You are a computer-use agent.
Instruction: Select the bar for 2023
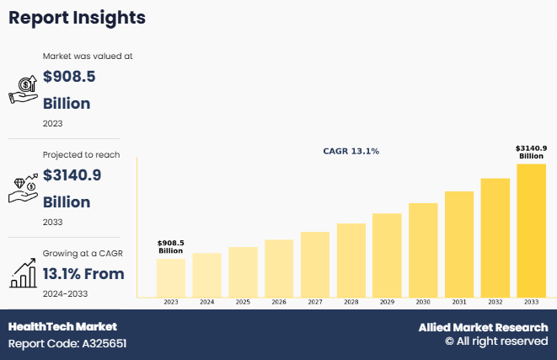coord(170,277)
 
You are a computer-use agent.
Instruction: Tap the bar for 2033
coord(532,230)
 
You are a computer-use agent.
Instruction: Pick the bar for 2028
coord(351,260)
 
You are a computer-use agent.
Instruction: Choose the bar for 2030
coord(423,250)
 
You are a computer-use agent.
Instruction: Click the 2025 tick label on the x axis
coord(243,302)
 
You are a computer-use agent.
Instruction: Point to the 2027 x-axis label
coord(315,302)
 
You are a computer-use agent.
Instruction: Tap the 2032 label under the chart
coord(495,302)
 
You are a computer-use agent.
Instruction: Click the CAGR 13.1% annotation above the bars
coord(351,152)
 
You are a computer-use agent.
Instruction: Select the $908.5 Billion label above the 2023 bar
coord(170,247)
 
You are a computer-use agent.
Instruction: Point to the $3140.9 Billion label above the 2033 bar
coord(531,152)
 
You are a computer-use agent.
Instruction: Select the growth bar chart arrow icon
coord(23,272)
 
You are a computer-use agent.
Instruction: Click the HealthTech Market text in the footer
coord(62,326)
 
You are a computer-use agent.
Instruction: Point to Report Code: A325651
coord(67,343)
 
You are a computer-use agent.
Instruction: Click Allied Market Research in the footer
coord(483,327)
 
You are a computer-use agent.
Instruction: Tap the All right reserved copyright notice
coord(496,341)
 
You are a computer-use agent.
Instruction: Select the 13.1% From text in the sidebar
coord(83,274)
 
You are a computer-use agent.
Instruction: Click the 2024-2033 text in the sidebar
coord(65,293)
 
